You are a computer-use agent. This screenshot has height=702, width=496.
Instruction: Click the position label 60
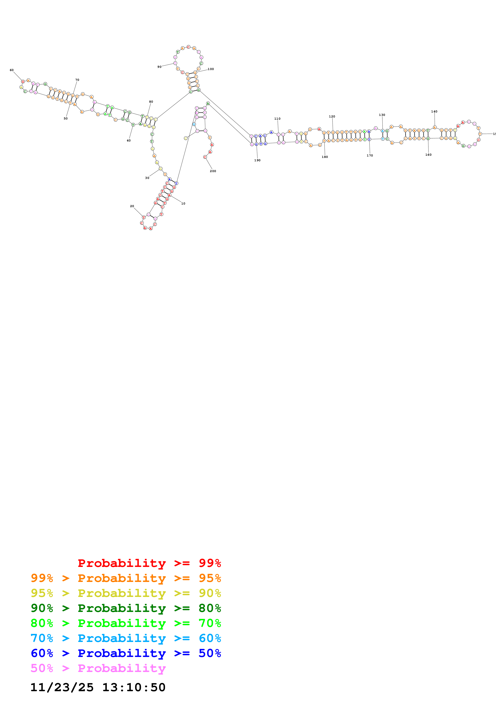tap(12, 70)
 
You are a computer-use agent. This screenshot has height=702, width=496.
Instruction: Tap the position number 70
tap(77, 80)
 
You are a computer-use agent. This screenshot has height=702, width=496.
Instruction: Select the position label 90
tap(159, 67)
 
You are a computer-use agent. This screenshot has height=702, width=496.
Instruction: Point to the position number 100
tap(211, 69)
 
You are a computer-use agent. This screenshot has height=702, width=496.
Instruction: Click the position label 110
tap(277, 119)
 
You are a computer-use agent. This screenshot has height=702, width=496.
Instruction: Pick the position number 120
tap(332, 116)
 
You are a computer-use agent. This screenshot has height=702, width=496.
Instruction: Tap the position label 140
tap(434, 112)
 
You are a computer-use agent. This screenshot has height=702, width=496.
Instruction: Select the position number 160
tap(428, 155)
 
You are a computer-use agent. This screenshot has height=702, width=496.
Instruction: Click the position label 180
tap(325, 157)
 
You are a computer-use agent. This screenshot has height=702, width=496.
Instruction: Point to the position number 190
tap(257, 160)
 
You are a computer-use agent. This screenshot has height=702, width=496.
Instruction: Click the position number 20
tap(132, 206)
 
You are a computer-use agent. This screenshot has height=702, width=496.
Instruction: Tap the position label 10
tap(183, 203)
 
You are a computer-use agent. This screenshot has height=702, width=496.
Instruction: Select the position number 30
tap(147, 178)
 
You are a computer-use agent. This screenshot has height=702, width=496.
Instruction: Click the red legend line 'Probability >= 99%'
tap(149, 563)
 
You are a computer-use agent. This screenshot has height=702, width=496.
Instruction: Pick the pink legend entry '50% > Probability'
tap(98, 668)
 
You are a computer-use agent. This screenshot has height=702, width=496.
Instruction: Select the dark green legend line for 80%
tap(126, 608)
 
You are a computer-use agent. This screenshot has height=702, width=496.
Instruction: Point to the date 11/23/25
tap(62, 687)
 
